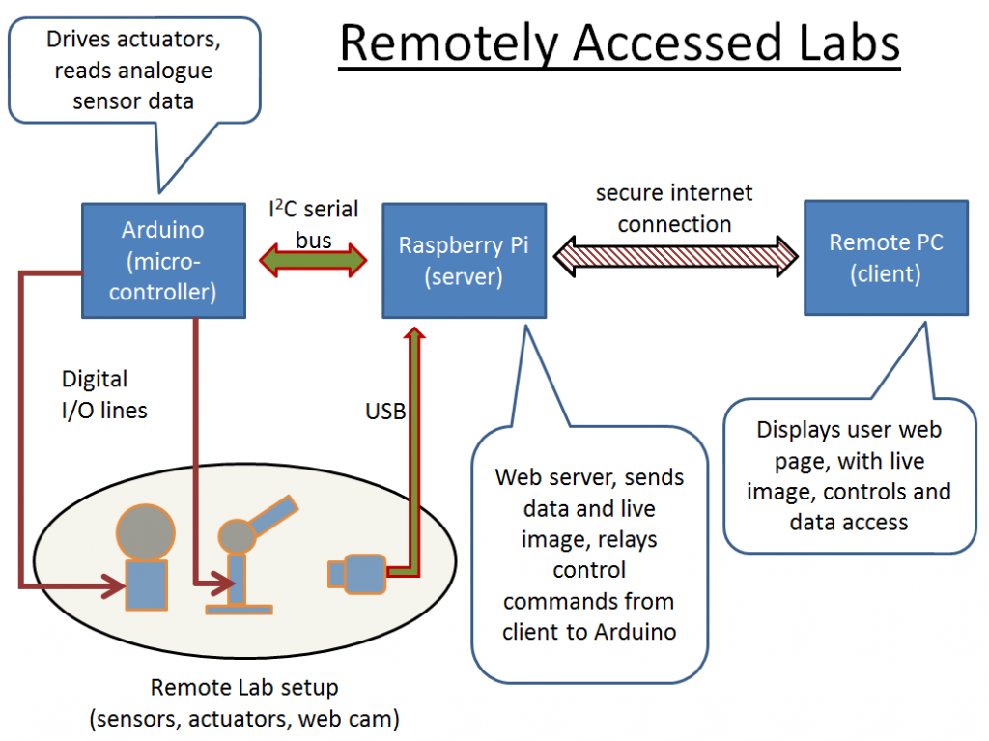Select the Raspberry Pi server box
(x=464, y=260)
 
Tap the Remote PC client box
(x=886, y=258)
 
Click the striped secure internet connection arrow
(x=676, y=254)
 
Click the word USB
(x=384, y=411)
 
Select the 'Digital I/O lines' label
(x=104, y=395)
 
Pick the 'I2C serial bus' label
(x=313, y=223)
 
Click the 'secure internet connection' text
(x=674, y=208)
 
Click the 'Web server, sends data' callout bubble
(x=589, y=554)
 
